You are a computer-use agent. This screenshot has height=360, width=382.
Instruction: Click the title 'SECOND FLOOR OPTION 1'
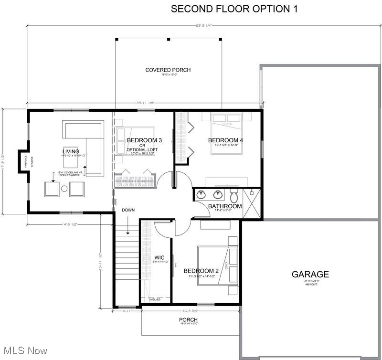click(x=234, y=9)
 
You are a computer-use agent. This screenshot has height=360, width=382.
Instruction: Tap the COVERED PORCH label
click(x=168, y=70)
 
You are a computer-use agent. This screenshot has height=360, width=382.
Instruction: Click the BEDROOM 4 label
click(x=226, y=140)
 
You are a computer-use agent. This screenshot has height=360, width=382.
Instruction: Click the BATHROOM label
click(x=225, y=206)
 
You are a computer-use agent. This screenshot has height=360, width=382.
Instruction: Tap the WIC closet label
click(x=159, y=258)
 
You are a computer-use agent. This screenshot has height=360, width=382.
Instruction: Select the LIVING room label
click(x=70, y=151)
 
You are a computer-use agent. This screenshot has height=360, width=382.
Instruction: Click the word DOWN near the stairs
click(x=128, y=210)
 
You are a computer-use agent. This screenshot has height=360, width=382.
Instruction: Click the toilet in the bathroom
click(x=234, y=196)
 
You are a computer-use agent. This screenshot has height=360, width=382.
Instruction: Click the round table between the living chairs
click(x=64, y=189)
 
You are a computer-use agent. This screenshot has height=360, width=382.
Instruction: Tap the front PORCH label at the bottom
click(x=188, y=319)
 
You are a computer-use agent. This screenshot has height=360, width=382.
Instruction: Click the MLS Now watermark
click(x=24, y=351)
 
